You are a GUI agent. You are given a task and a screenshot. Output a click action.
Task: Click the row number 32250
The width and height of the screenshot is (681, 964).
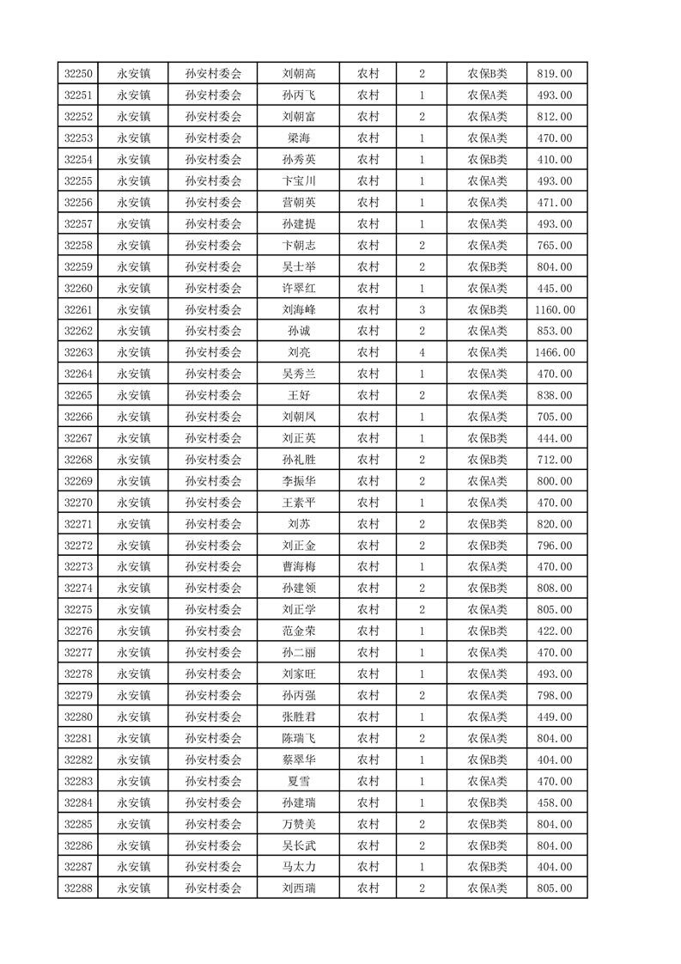coord(78,74)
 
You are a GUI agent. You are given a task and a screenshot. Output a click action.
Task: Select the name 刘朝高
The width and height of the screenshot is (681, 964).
coord(298,74)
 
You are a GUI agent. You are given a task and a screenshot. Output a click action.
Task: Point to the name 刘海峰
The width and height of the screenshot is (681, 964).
coord(298,309)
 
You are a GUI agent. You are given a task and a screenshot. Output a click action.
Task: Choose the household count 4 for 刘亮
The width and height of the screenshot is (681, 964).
coord(422,352)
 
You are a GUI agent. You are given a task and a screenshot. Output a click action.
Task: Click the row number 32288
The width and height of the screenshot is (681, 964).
coord(78,888)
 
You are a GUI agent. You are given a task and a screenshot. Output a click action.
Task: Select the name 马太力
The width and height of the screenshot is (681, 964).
coord(298,866)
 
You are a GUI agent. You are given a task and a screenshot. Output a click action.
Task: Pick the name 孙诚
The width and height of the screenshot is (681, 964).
coord(298,331)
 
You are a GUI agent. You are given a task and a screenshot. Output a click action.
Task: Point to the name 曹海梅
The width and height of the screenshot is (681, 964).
coord(298,566)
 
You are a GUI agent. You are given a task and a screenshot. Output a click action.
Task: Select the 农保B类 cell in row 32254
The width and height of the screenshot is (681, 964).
coord(487,160)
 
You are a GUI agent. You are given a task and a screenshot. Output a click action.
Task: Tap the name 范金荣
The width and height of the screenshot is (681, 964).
coord(298,631)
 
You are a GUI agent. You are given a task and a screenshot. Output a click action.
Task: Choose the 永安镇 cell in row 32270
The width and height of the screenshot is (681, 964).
coord(133,502)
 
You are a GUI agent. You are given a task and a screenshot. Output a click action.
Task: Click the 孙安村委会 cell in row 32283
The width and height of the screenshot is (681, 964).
coord(213,781)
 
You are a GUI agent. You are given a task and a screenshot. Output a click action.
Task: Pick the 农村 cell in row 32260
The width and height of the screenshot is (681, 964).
coord(368,288)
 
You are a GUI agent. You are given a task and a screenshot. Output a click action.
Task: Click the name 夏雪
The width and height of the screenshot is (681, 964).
coord(298,781)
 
